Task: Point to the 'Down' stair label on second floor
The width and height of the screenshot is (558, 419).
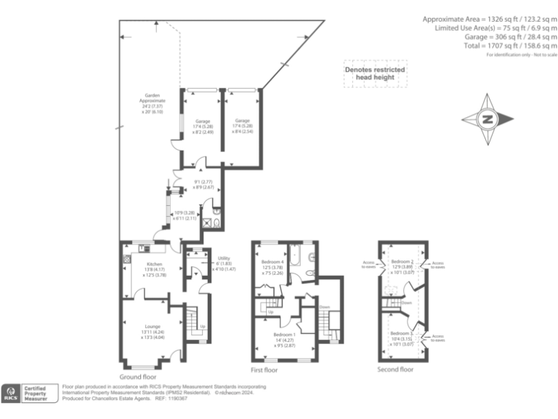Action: pyautogui.click(x=406, y=303)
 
